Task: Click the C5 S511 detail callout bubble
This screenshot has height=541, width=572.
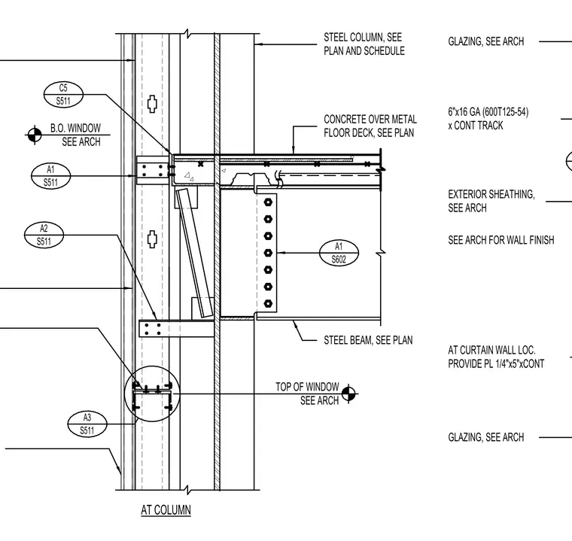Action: [x=63, y=95]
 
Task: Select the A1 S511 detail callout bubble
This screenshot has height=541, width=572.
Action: [x=50, y=177]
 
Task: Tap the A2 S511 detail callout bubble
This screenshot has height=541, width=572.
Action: [x=44, y=236]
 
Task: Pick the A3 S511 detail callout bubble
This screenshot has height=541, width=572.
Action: [x=87, y=424]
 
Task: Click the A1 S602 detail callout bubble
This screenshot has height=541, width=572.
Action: [x=339, y=253]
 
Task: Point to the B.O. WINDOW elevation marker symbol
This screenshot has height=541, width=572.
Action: [x=35, y=135]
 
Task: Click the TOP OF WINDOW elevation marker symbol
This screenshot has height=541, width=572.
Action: [x=349, y=394]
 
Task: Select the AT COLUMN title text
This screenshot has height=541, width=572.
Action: [x=166, y=509]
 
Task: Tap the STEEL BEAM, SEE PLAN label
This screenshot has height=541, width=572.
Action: [x=368, y=340]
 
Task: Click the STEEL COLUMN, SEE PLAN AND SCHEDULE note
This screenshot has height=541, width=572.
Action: [x=364, y=44]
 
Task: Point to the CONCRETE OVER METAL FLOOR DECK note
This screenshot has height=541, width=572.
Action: [x=370, y=126]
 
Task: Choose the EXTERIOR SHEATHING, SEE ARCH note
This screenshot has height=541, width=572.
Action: [x=491, y=201]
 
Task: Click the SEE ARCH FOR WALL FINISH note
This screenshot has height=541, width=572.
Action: [x=500, y=240]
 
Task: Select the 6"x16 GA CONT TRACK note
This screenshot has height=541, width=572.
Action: [x=488, y=119]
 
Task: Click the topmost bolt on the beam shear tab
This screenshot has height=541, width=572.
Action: [x=268, y=202]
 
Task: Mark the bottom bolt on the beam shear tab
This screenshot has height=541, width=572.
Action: [x=268, y=303]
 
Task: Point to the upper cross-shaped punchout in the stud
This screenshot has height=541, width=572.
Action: [x=152, y=105]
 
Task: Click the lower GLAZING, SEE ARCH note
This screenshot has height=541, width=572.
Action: [x=486, y=437]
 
